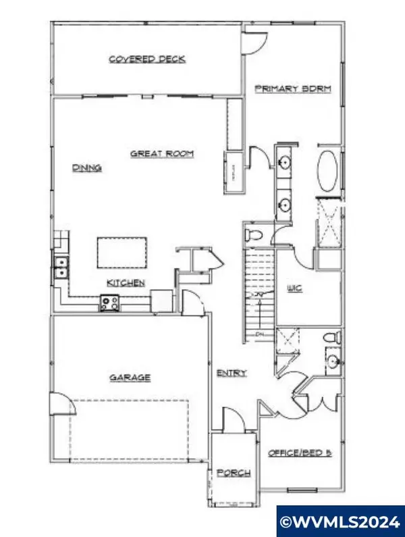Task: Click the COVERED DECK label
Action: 147,59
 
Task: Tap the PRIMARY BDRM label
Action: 292,88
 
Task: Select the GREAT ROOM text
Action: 162,154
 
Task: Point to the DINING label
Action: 87,168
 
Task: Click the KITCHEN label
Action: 125,282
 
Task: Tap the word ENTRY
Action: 232,373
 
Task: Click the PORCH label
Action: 234,473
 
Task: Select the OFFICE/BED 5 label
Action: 300,452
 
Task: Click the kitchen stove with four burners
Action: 109,303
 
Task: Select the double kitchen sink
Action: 60,267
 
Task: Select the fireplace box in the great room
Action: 234,172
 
